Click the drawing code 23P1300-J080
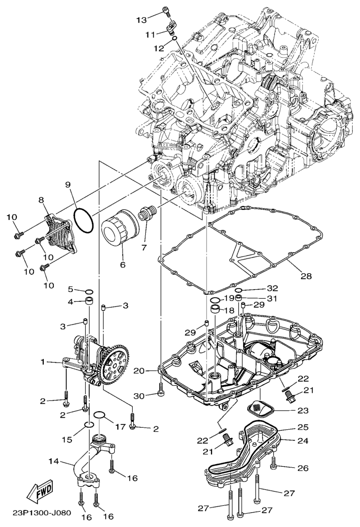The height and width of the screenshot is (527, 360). [42, 513]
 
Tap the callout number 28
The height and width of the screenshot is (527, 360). [306, 276]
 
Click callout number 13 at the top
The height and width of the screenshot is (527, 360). [142, 20]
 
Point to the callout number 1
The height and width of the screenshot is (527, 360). [43, 362]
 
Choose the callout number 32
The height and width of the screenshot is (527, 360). [273, 288]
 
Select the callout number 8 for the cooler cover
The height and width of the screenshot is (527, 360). [41, 200]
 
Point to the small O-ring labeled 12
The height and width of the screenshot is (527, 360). [175, 39]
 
